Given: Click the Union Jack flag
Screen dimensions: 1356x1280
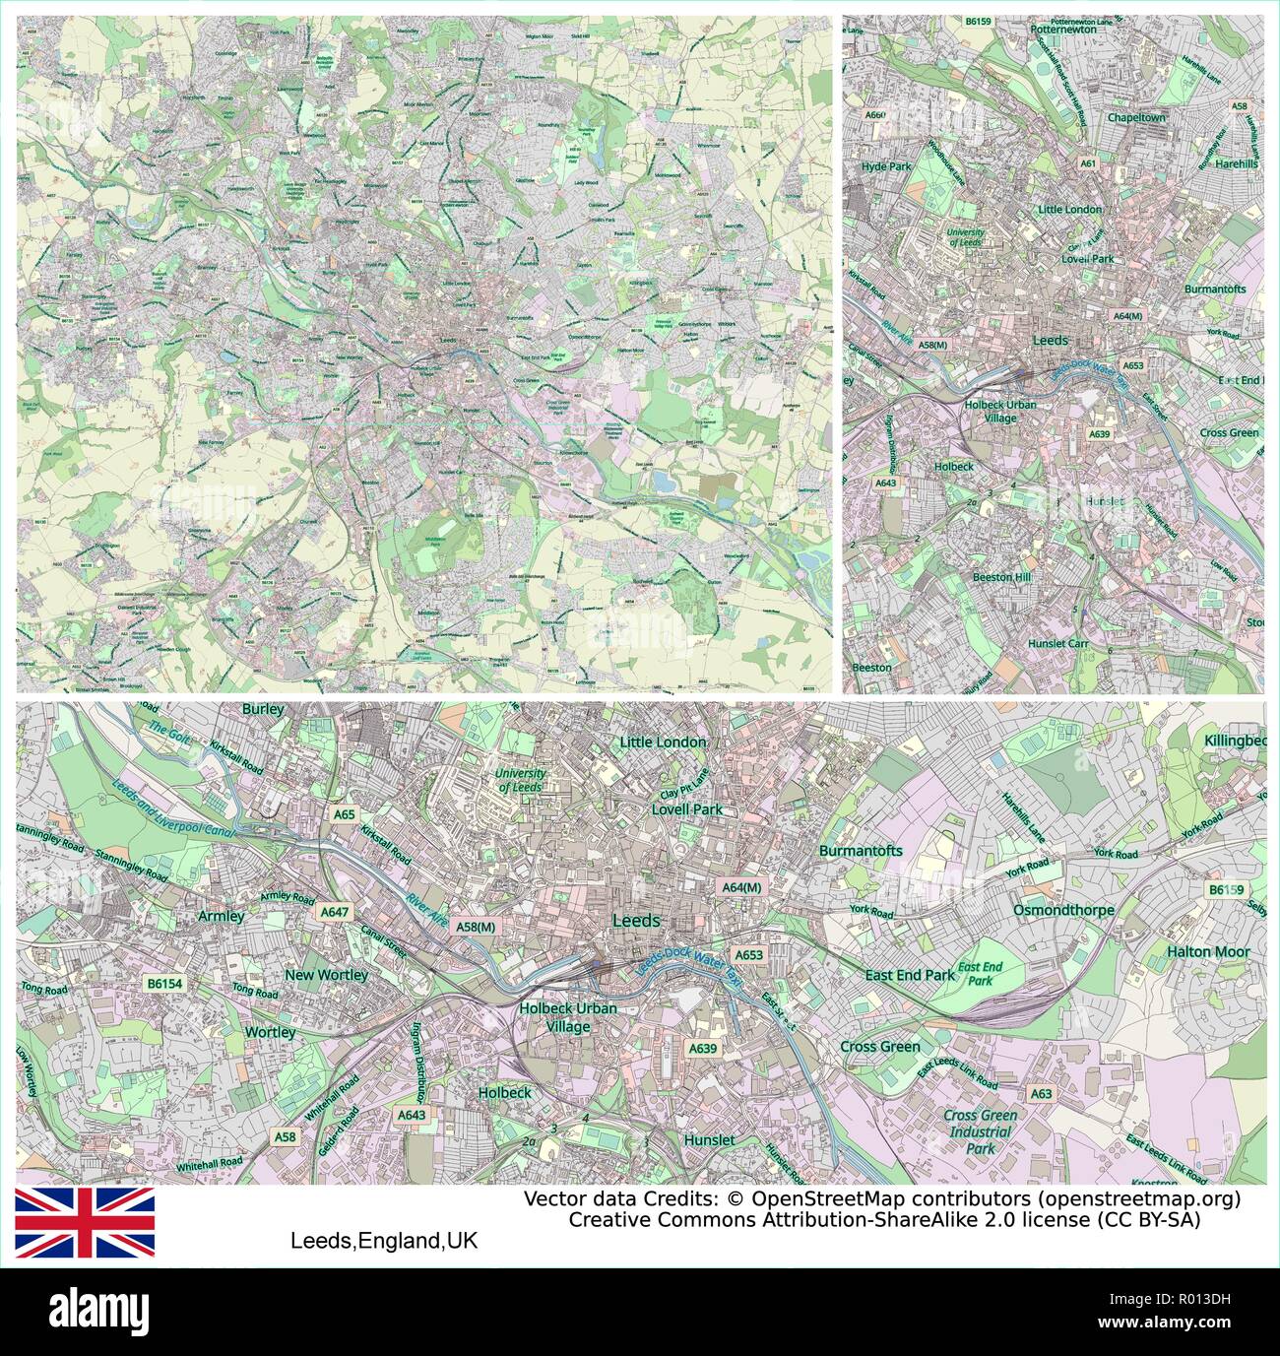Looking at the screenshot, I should click(84, 1221).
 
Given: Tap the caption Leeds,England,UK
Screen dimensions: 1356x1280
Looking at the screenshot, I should click(383, 1241).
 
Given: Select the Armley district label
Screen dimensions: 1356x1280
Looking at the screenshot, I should click(221, 916).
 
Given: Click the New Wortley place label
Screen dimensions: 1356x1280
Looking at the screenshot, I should click(326, 975).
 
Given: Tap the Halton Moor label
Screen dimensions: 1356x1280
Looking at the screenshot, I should click(1208, 952).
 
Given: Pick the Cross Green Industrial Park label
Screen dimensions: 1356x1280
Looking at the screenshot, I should click(981, 1131).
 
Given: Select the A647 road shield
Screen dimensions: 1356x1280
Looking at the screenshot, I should click(335, 913).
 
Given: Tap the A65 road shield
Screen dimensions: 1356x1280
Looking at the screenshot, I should click(344, 814).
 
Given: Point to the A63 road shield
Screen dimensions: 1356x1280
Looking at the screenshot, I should click(1041, 1093).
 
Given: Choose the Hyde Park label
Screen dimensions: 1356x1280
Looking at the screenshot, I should click(886, 167).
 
